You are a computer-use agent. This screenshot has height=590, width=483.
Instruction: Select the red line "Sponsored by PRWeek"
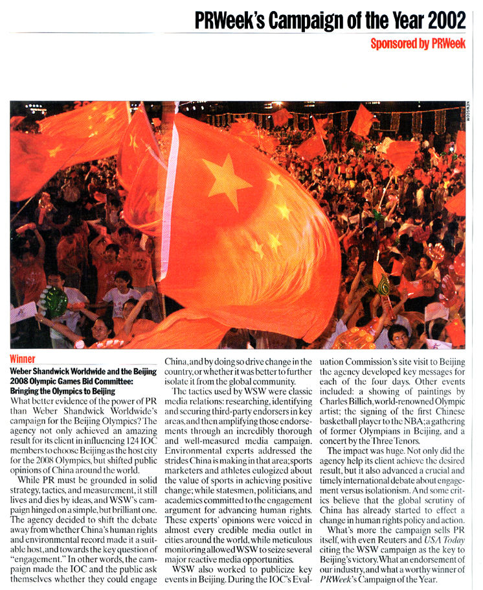pyautogui.click(x=418, y=43)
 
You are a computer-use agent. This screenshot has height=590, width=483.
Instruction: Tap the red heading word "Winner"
pyautogui.click(x=22, y=359)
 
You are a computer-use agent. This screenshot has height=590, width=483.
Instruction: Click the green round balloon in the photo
pyautogui.click(x=54, y=301)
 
